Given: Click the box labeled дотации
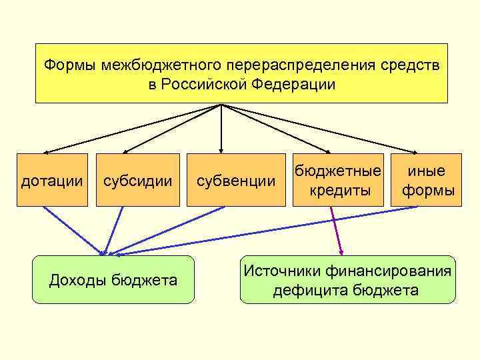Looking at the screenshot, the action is tap(53, 180).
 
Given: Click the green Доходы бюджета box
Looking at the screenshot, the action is tap(113, 279).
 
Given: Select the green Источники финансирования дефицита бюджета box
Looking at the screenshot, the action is tap(348, 279).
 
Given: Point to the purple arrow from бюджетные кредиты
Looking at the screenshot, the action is tap(336, 230).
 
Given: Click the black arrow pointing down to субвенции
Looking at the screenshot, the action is tap(221, 130).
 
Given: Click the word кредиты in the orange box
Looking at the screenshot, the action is tap(340, 191).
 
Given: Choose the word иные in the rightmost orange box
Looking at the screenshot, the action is tap(428, 171).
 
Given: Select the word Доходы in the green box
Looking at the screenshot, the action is tap(79, 279).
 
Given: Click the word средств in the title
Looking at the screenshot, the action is tap(418, 66).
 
